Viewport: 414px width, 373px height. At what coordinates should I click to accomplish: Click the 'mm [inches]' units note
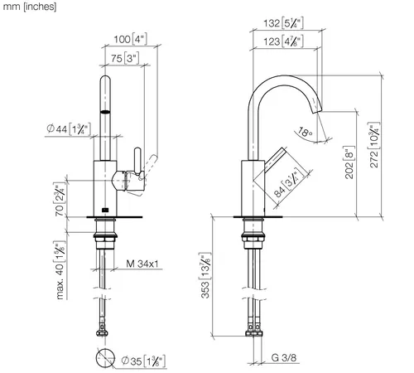coord(30,7)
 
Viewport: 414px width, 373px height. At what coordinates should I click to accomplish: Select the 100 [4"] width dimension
coord(130,39)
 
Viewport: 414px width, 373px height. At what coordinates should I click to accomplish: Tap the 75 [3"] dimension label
coord(125,58)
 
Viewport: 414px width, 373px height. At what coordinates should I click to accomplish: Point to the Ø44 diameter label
coord(69,128)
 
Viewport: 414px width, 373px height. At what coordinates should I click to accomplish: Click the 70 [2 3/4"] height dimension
coord(60,199)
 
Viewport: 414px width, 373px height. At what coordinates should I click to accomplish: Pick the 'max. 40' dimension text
coord(60,270)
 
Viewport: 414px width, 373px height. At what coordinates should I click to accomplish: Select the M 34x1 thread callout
coord(142,264)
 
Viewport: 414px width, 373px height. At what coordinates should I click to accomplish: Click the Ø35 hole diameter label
coord(143,361)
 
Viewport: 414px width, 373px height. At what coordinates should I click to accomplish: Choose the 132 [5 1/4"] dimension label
coord(283,23)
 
